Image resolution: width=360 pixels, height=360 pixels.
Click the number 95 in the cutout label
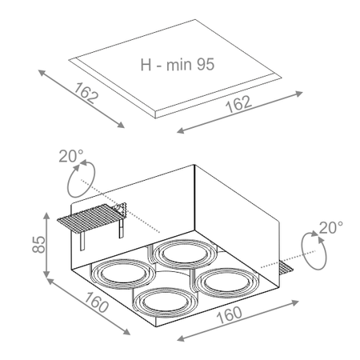coord(206,64)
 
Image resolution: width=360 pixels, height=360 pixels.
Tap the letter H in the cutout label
coord(146,65)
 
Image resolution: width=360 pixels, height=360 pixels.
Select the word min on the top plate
coord(179,65)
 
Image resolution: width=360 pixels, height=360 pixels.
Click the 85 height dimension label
coord(39,244)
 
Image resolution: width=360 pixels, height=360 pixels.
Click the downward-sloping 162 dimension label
coord(86,93)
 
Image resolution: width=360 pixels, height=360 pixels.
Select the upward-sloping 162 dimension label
coord(238,104)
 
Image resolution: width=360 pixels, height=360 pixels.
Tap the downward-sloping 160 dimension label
coord(96,302)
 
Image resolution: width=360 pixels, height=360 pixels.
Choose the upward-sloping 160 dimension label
coord(230,315)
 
